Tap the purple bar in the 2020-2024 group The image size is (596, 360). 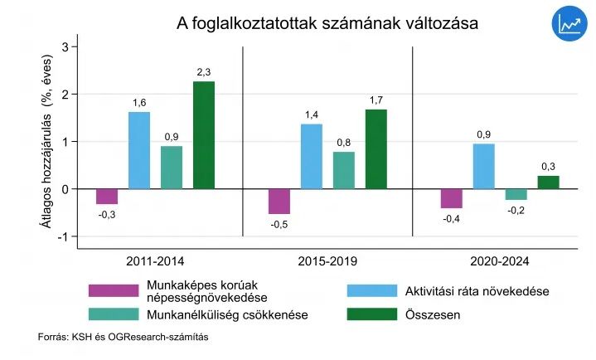(451, 198)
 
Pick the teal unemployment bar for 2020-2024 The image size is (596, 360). (516, 194)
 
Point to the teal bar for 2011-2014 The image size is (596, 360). (172, 168)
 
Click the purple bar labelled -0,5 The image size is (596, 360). (279, 202)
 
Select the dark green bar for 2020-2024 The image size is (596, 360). (548, 182)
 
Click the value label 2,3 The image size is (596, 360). (204, 73)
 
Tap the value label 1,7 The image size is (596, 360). (376, 101)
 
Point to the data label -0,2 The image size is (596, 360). (516, 211)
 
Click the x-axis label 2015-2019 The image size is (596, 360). (327, 261)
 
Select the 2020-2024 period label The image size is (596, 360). (498, 261)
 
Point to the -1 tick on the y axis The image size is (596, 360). (64, 236)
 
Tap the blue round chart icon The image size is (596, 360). (568, 25)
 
